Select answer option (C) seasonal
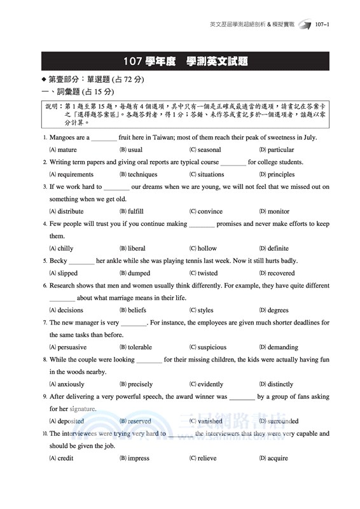click(205, 150)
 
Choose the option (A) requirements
click(71, 174)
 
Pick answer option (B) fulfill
click(132, 211)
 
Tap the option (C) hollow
click(203, 248)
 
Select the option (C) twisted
click(204, 273)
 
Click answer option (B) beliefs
click(133, 310)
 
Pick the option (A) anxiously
click(67, 384)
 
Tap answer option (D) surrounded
click(279, 421)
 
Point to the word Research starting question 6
click(62, 286)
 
